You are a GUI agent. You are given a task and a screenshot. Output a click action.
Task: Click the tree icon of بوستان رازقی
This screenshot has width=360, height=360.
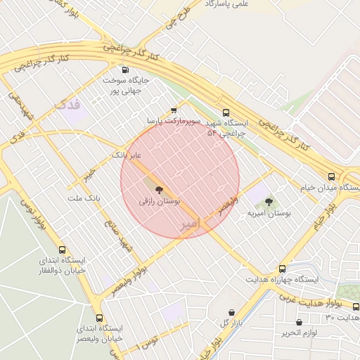159,189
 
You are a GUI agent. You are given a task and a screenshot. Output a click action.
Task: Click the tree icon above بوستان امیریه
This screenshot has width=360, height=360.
269,202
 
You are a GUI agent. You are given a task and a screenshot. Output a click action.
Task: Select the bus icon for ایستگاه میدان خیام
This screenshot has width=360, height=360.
331,176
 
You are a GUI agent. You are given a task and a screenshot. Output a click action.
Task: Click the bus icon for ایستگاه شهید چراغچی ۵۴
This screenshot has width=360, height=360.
226,112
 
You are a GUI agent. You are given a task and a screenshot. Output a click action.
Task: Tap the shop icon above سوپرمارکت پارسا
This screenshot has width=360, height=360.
174,110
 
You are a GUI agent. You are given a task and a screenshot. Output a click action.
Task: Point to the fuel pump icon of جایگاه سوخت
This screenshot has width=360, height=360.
125,69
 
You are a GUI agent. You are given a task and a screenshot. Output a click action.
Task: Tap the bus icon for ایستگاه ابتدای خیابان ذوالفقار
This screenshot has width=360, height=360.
63,250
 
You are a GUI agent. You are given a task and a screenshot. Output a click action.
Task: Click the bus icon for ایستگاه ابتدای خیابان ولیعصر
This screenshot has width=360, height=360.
99,317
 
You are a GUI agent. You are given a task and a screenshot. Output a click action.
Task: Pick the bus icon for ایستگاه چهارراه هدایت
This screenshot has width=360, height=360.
282,269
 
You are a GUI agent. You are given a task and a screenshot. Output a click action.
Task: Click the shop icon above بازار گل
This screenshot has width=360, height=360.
231,311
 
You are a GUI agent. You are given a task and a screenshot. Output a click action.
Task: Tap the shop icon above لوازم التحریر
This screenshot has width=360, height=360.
298,322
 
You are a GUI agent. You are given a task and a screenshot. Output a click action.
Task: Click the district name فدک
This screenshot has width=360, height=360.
67,105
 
